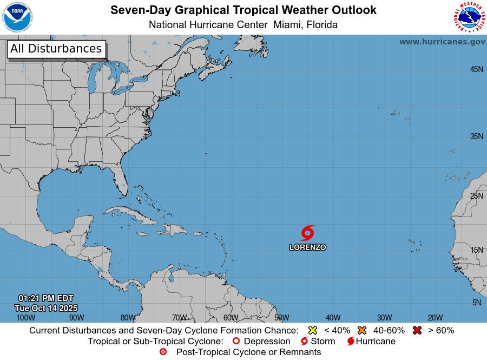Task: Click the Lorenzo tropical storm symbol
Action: point(307,233)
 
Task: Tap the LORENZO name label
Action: point(307,247)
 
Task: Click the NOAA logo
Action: point(17,17)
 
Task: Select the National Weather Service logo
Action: point(469,17)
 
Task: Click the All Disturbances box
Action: point(56,49)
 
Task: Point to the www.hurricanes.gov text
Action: point(442,42)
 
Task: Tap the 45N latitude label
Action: point(476,69)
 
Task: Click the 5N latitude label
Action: point(477,303)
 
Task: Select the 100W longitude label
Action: point(26,318)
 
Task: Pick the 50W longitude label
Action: point(282,318)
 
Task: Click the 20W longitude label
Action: point(436,318)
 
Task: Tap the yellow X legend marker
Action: point(312,330)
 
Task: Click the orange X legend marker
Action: point(362,330)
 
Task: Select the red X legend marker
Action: point(417,330)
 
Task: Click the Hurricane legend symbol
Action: point(351,342)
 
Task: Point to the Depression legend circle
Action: point(235,342)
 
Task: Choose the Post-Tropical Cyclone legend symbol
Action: point(163,352)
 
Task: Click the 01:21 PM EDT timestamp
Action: point(46,298)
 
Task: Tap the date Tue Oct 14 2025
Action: point(46,307)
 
